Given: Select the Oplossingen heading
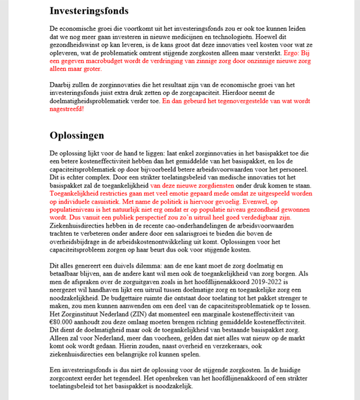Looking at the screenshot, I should (77, 136).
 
